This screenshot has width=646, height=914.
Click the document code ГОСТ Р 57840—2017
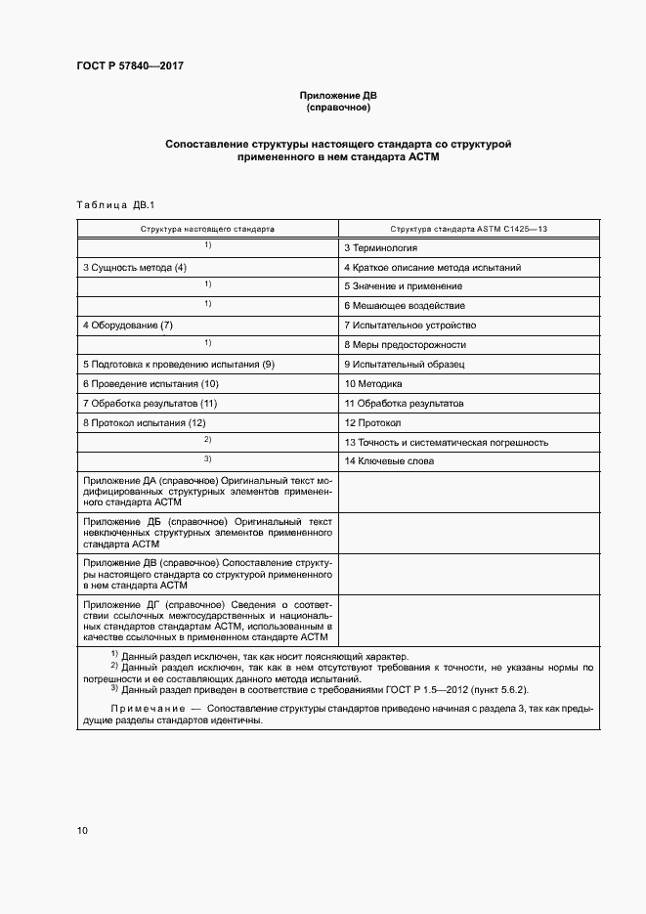(130, 65)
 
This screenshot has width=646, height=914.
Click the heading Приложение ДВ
(337, 96)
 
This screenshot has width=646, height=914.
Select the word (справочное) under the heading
(337, 108)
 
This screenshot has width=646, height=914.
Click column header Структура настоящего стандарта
(207, 228)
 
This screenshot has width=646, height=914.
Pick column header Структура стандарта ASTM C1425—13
(468, 228)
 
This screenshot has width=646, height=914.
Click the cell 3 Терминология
(380, 248)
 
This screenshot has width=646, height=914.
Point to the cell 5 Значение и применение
(403, 286)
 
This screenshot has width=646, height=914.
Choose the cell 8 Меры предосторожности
(405, 345)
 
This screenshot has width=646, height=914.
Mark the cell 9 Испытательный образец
(404, 365)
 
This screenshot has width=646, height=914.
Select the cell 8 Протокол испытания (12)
(144, 423)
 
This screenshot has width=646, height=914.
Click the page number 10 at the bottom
(82, 831)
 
